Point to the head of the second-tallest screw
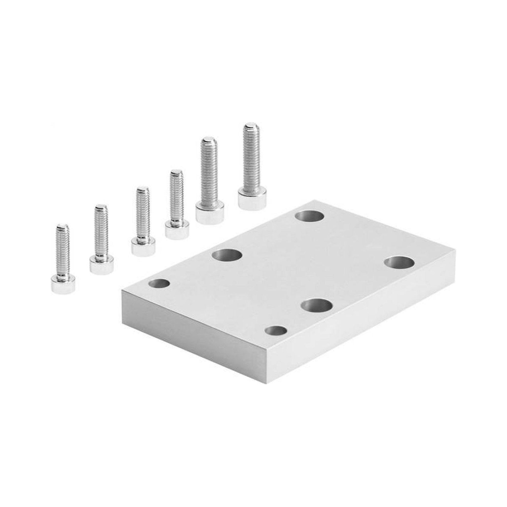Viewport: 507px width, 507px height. coord(210,214)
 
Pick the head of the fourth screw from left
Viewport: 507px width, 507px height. coord(177,230)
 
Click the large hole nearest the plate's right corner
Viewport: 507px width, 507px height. coord(399,263)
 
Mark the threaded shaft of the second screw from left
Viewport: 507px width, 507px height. coord(101,231)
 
